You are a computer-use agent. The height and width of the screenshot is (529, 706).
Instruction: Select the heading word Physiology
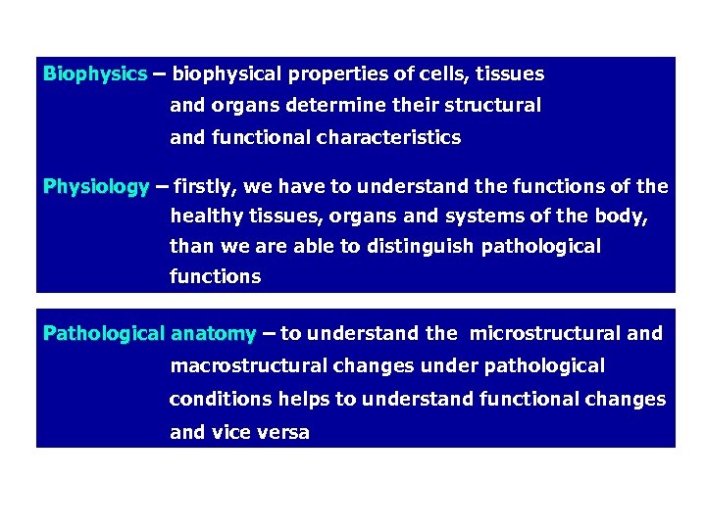tap(96, 186)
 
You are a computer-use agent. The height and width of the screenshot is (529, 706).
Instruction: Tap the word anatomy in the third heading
tap(213, 333)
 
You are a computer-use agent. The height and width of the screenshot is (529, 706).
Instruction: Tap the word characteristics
tap(388, 138)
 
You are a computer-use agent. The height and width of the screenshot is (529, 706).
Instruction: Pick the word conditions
tap(221, 399)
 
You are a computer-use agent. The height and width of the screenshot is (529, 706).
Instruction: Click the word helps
tap(303, 399)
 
